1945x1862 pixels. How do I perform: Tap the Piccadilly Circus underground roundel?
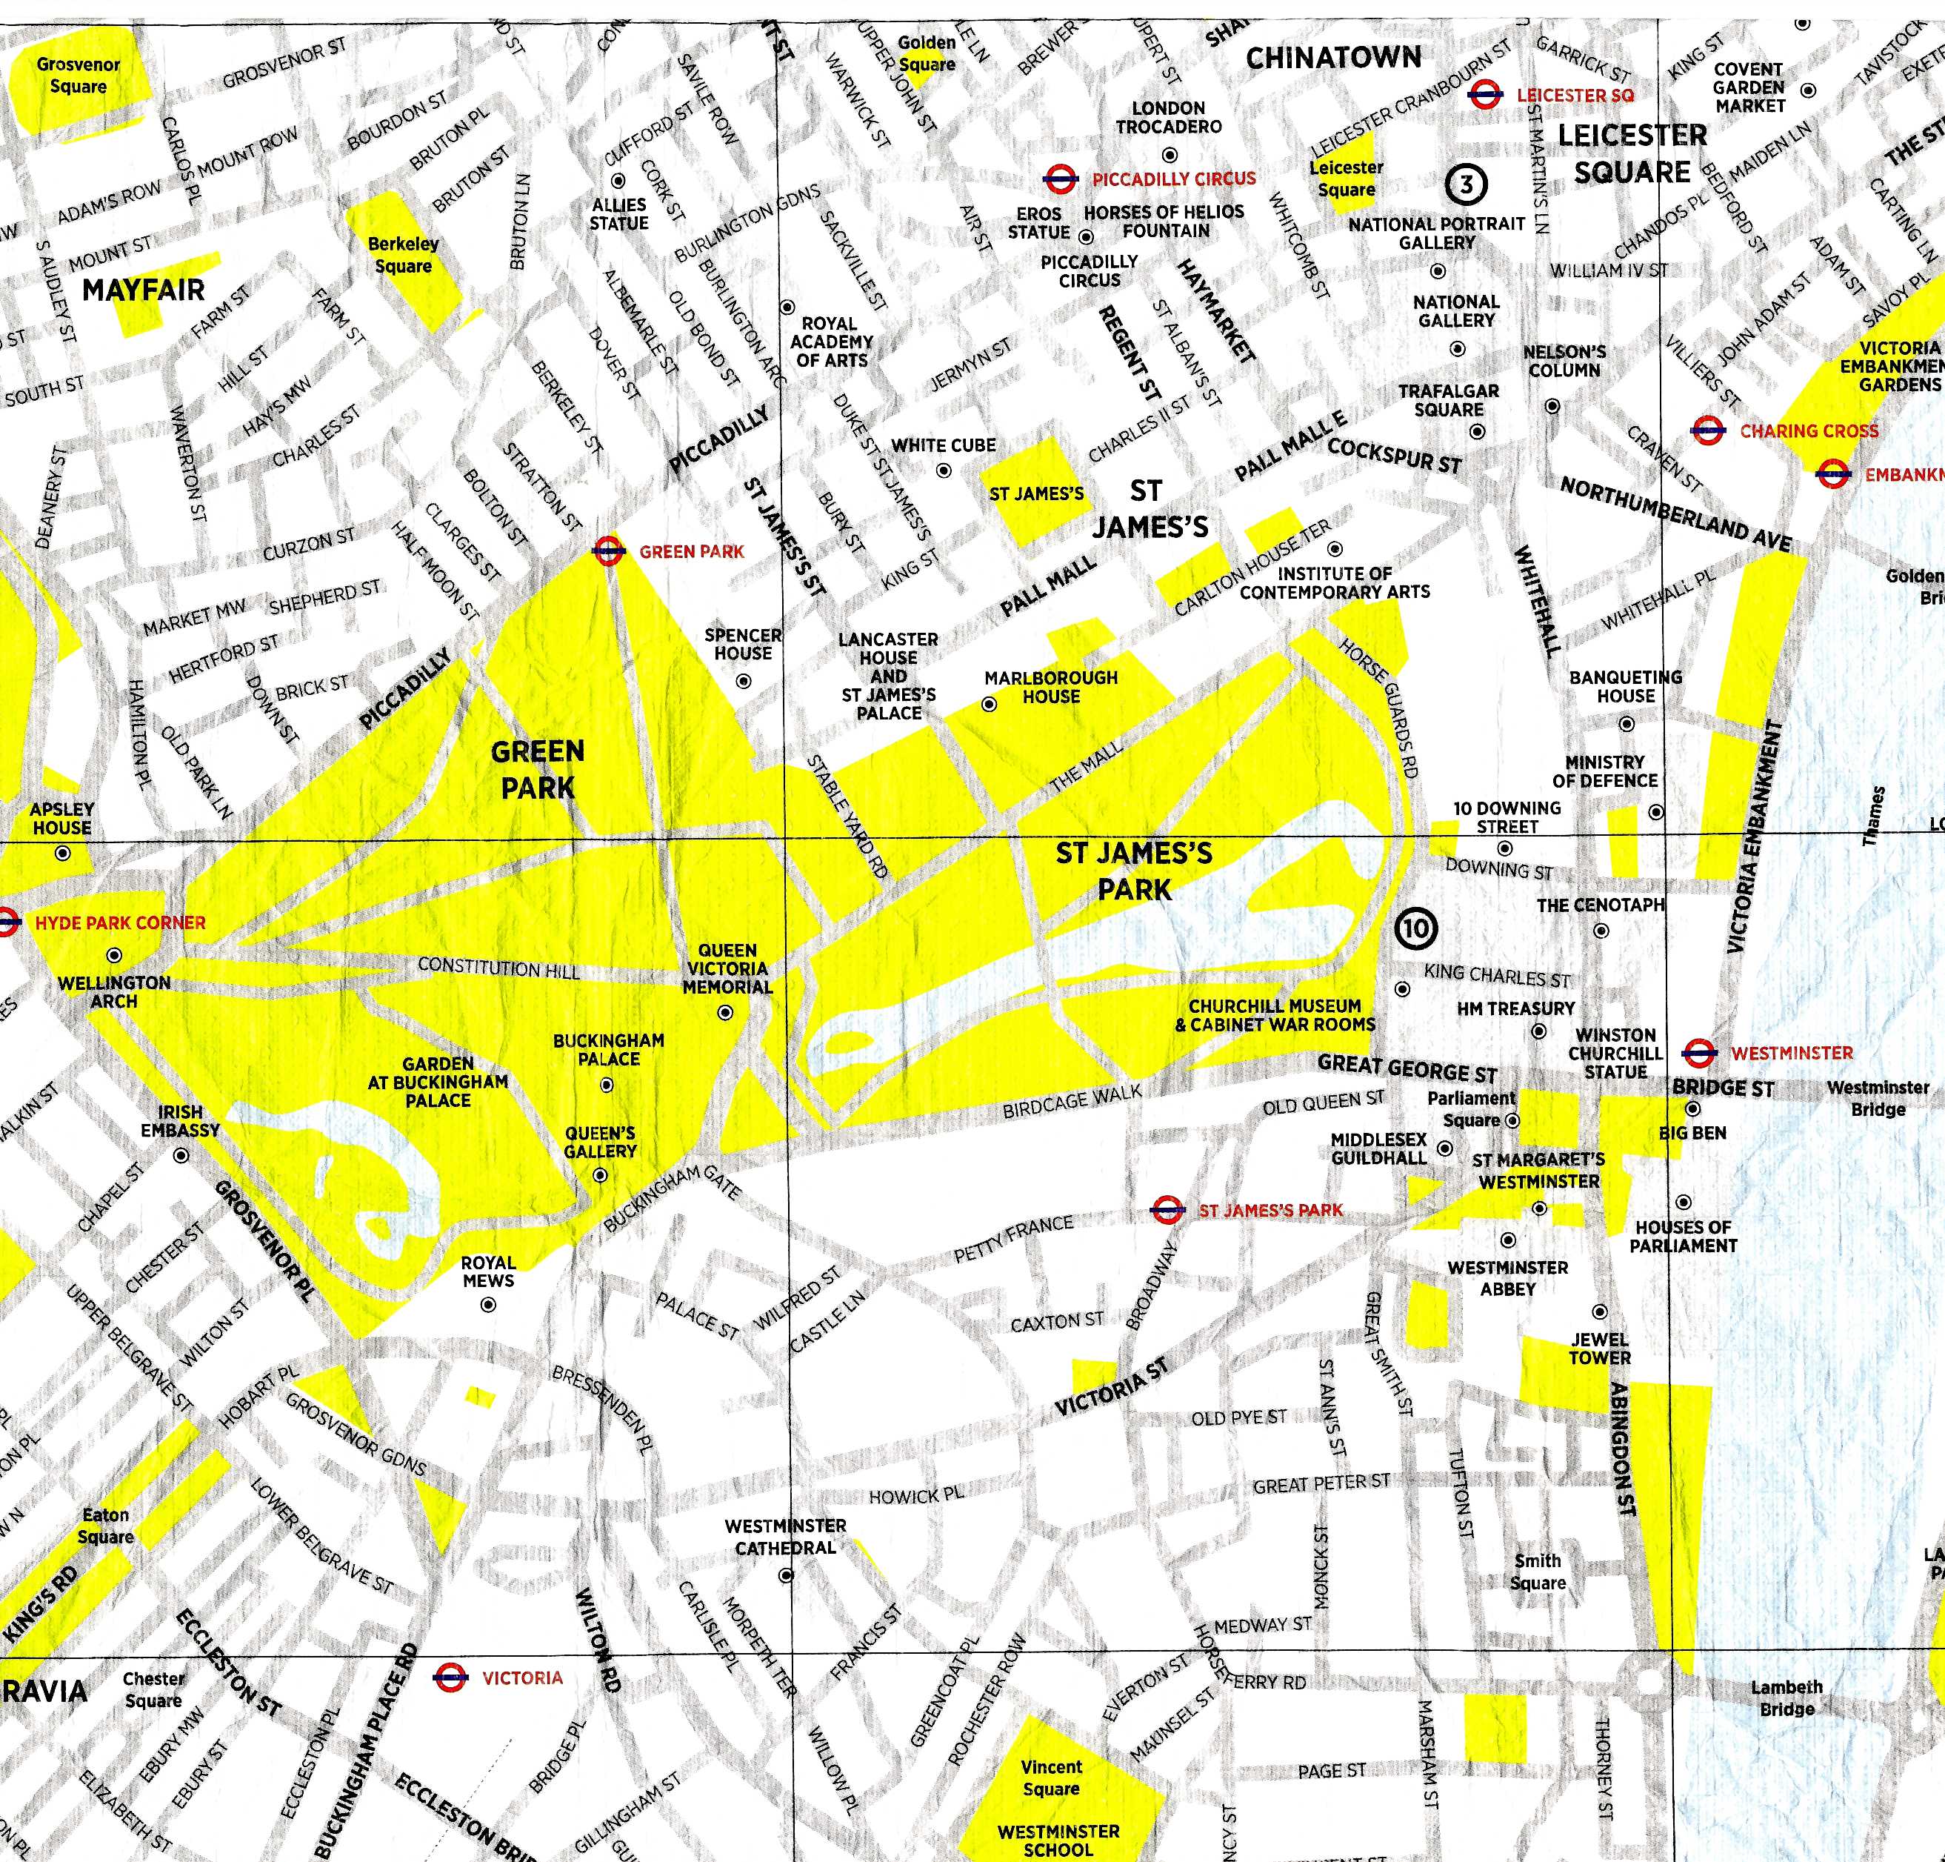click(x=1061, y=179)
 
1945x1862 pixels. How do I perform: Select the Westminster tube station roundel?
click(x=1699, y=1051)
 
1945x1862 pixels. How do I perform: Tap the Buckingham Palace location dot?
click(x=607, y=1085)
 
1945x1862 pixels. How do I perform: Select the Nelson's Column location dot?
click(x=1552, y=406)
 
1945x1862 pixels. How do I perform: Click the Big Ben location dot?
click(x=1693, y=1110)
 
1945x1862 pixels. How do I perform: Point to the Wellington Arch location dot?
click(x=114, y=955)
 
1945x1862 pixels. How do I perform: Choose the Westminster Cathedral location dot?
click(x=786, y=1575)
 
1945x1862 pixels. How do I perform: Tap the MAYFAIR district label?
click(x=143, y=290)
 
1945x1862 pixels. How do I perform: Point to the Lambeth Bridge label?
click(x=1786, y=1698)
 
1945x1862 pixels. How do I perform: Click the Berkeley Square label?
click(x=403, y=254)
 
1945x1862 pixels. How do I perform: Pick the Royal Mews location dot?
click(x=487, y=1306)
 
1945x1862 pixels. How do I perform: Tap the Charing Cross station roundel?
click(x=1707, y=430)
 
